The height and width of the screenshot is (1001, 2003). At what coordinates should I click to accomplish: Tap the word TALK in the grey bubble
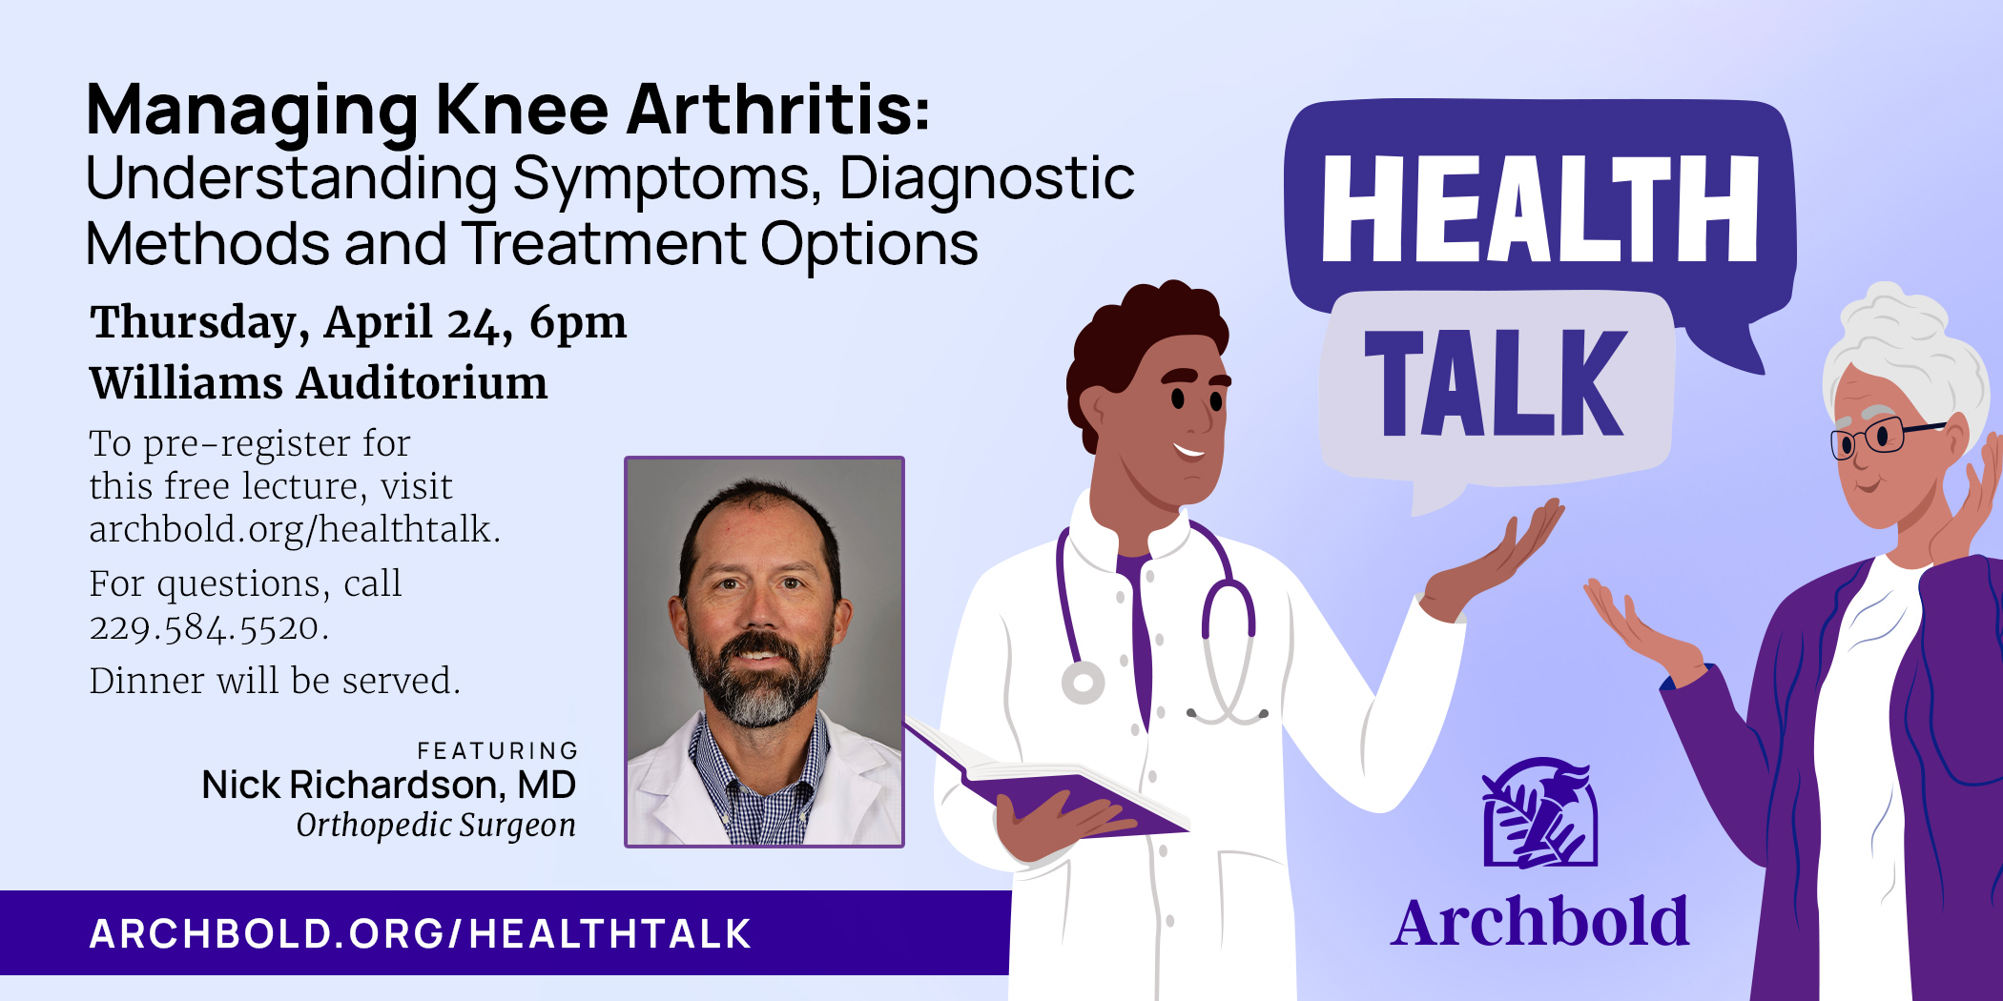[x=1494, y=383]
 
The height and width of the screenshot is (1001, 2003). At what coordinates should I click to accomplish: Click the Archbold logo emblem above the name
[x=1539, y=812]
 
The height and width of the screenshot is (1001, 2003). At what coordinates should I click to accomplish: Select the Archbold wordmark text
[x=1539, y=923]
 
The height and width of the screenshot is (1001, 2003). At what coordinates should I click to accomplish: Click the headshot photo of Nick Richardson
[x=764, y=652]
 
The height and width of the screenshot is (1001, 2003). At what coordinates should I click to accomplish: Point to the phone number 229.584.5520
[x=208, y=627]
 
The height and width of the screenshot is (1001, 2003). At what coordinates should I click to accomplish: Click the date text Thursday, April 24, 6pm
[x=358, y=322]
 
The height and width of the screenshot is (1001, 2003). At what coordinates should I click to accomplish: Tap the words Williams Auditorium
[x=319, y=383]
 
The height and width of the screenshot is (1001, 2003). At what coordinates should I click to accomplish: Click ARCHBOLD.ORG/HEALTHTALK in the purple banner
[x=421, y=933]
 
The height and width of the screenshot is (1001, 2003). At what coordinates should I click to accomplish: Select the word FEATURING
[x=497, y=751]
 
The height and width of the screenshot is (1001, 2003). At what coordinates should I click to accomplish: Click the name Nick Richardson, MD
[x=388, y=785]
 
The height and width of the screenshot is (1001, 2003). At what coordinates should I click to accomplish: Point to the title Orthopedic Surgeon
[x=436, y=825]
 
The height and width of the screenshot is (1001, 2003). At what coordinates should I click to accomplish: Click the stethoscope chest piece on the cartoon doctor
[x=1084, y=683]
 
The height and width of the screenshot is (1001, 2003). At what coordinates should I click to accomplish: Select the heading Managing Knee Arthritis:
[x=507, y=110]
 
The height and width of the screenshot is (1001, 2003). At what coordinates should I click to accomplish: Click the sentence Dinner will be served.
[x=275, y=681]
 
